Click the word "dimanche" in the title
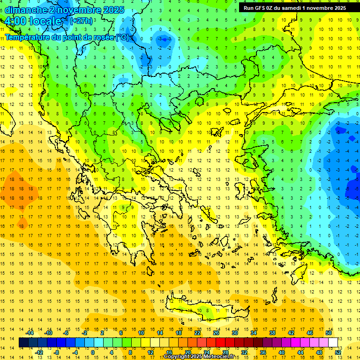pos(26,10)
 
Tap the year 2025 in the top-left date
pos(113,10)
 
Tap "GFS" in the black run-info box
pos(263,8)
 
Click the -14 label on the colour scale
pos(30,333)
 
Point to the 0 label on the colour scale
pos(93,352)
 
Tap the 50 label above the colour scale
pos(329,333)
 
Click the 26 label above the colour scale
pos(216,333)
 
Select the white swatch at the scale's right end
pos(333,343)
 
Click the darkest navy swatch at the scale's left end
pos(24,343)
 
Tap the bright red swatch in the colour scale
pos(220,343)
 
